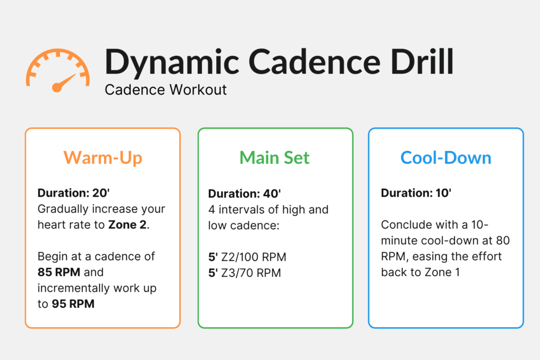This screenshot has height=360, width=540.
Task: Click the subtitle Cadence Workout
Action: (x=166, y=90)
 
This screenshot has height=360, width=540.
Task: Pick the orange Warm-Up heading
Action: (x=103, y=158)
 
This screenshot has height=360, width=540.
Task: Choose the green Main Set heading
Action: (x=275, y=158)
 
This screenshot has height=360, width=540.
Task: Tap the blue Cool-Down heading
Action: (x=446, y=158)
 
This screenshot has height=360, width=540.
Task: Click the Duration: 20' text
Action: (x=72, y=193)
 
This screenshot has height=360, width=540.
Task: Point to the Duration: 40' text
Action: (x=243, y=193)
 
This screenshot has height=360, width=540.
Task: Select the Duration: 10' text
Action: (x=416, y=193)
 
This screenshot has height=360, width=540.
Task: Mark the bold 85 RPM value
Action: (x=60, y=273)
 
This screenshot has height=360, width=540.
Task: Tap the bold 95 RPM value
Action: (x=73, y=304)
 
